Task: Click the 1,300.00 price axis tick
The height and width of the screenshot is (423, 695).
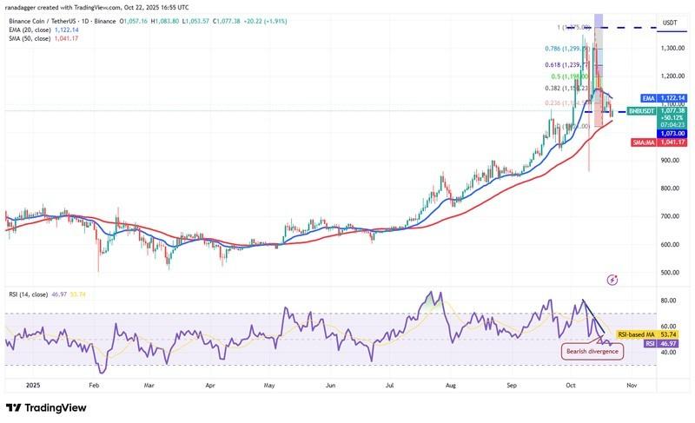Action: (670, 49)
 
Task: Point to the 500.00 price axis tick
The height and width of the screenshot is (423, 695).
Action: (668, 273)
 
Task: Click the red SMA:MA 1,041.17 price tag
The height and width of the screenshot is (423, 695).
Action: (666, 142)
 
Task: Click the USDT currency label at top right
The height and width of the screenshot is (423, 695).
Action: (670, 23)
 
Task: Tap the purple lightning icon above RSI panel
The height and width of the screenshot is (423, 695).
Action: (612, 280)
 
